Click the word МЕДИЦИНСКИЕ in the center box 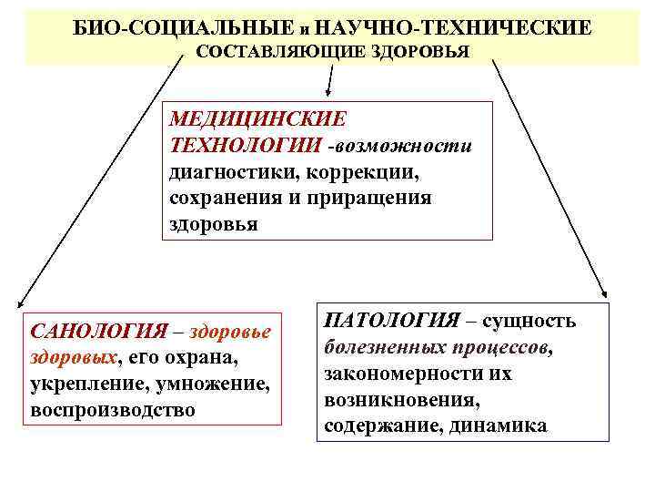click(257, 119)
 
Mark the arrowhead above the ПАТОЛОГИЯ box click(602, 292)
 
